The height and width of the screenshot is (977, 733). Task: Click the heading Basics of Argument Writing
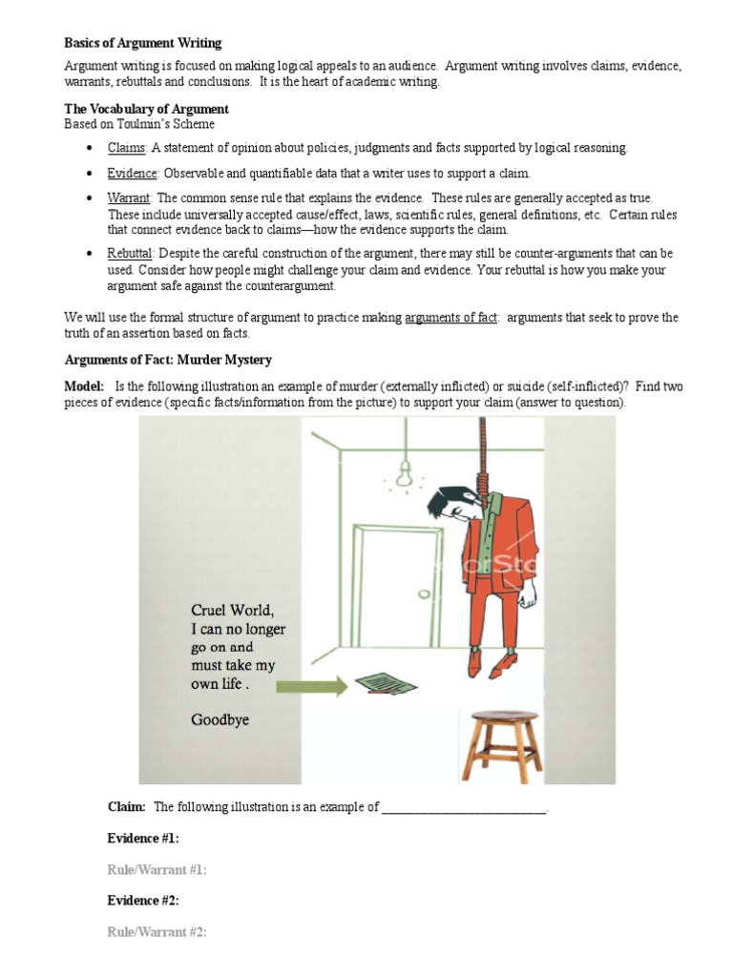[x=142, y=43]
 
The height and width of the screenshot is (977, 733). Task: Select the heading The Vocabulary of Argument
[x=146, y=110]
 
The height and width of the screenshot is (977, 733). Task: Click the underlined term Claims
[x=126, y=148]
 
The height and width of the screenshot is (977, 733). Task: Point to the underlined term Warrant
[x=129, y=197]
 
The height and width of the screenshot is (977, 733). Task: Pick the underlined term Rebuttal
[x=130, y=253]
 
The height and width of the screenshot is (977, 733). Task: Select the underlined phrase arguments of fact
[x=450, y=318]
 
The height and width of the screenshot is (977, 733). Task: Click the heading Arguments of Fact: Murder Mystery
[x=167, y=360]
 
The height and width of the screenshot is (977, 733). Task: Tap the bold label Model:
[x=84, y=385]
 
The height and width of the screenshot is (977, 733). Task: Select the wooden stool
[x=488, y=744]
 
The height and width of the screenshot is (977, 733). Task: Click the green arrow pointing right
[x=316, y=685]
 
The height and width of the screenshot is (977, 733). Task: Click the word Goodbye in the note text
[x=220, y=719]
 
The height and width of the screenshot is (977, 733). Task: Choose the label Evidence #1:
[x=143, y=838]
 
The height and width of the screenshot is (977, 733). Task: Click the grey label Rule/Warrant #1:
[x=157, y=869]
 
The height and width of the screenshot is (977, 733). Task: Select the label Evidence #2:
[x=143, y=901]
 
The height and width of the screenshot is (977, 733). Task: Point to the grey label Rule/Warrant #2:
[x=157, y=932]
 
